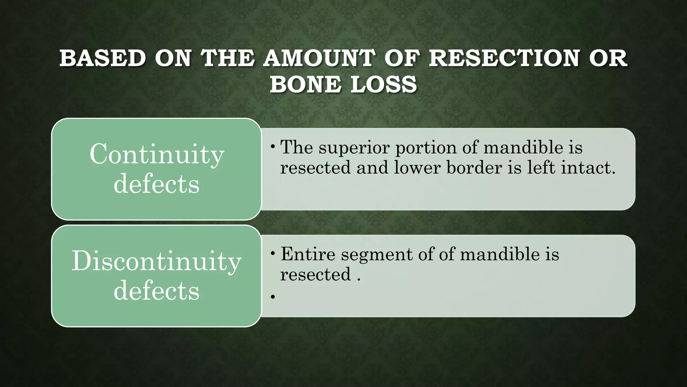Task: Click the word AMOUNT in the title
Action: tap(319, 58)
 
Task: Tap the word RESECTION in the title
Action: tap(504, 58)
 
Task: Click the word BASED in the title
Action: tap(103, 58)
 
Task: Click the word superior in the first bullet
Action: tap(354, 147)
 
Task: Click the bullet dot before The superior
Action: tap(273, 146)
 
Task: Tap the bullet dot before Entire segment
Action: tap(273, 253)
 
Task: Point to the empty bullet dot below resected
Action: tap(273, 297)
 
